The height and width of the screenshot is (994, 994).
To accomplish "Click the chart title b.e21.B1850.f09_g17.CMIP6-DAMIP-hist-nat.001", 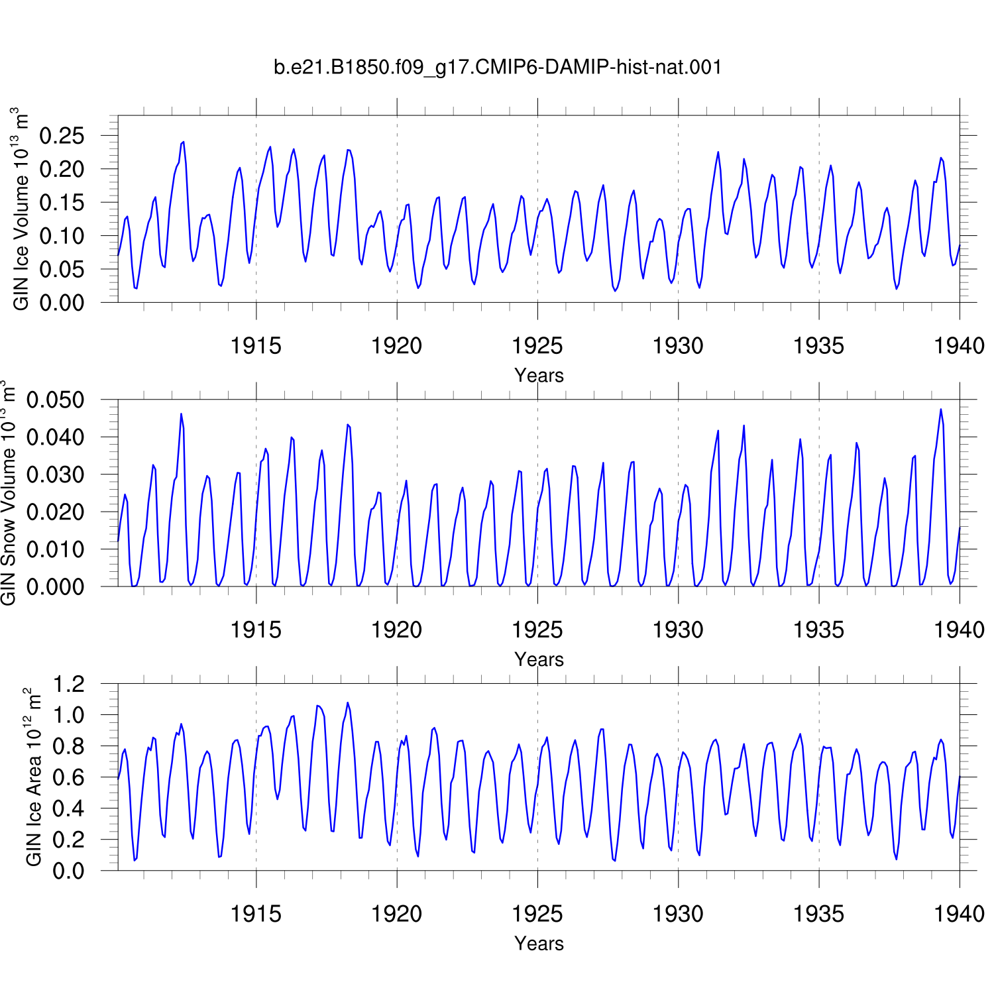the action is pos(498,68).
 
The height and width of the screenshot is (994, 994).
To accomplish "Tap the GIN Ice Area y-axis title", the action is pos(33,777).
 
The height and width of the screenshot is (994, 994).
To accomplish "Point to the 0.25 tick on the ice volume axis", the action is pos(62,136).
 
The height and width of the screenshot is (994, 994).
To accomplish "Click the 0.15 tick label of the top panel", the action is pos(62,203).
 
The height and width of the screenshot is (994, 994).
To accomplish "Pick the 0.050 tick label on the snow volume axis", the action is pos(56,400).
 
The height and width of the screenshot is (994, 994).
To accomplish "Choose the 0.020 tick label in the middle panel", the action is pos(56,512).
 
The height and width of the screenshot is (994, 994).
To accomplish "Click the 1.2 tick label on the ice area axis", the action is pos(69,683).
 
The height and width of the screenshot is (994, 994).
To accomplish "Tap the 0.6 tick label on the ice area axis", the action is pos(69,777).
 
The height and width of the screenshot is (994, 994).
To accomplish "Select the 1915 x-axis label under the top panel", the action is pos(256,346).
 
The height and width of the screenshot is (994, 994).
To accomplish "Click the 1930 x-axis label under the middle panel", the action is pos(678,630).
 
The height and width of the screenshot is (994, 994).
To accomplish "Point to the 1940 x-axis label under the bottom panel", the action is pos(959,914).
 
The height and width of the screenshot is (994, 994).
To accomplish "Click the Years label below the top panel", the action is pos(539,375).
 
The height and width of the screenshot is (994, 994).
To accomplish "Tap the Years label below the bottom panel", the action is pos(539,943).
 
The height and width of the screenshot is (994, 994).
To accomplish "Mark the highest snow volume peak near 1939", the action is pos(940,409).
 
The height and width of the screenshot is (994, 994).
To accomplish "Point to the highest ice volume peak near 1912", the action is pos(184,142).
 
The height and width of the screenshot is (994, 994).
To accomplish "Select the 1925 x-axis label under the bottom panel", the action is pos(537,914).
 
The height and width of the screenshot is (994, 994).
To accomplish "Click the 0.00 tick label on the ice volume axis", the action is pos(62,303).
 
